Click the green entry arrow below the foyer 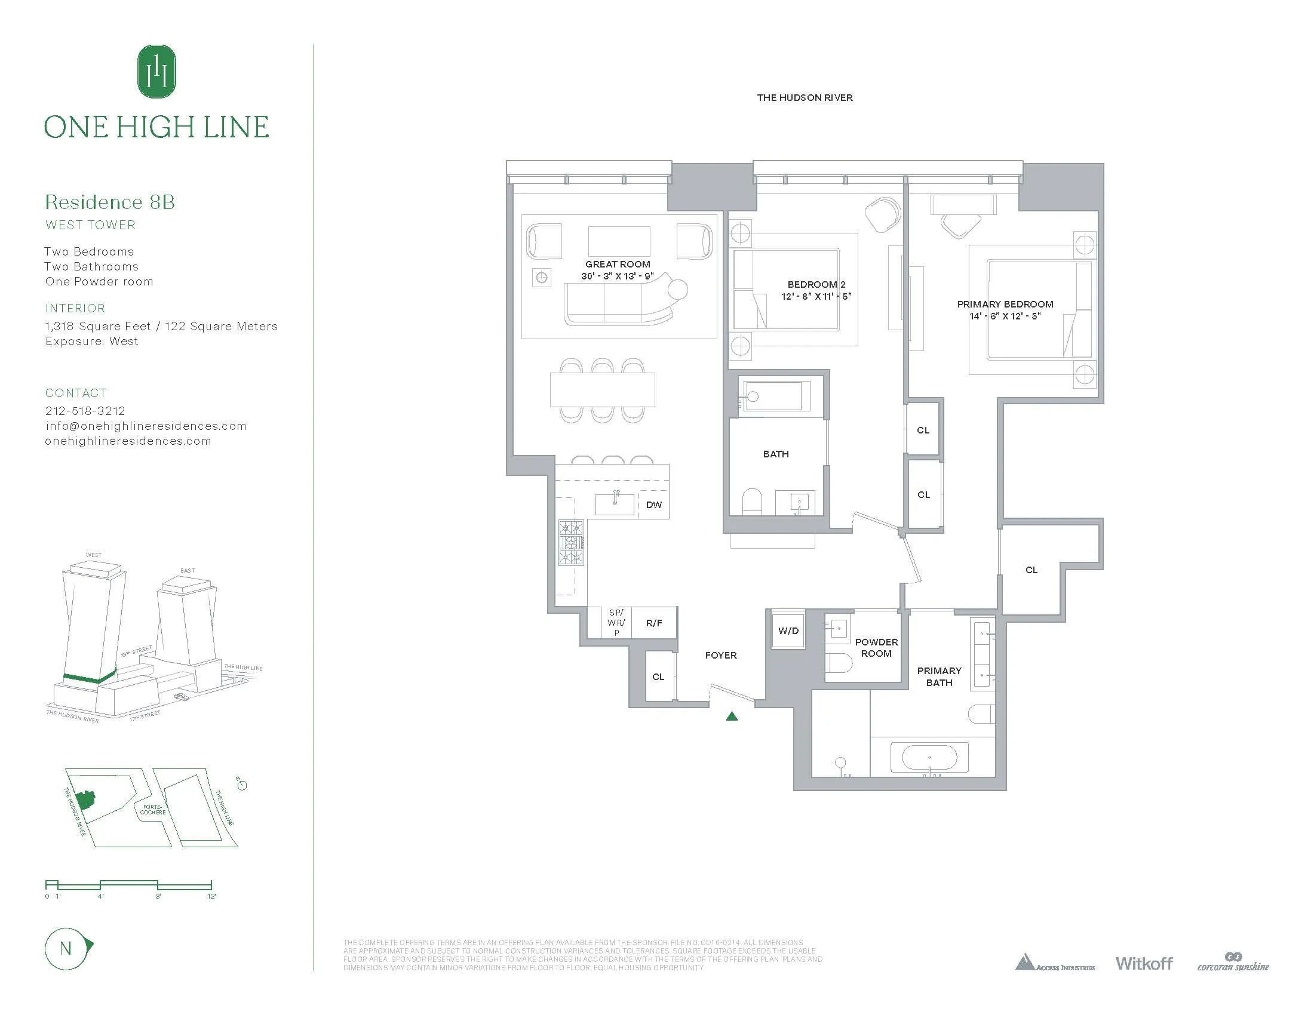pos(732,716)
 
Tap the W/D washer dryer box pos(788,630)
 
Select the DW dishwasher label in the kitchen pos(653,505)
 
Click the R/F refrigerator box pos(654,623)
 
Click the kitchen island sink pos(615,504)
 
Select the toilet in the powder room pos(839,664)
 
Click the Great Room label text pos(618,264)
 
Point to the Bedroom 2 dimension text pos(816,297)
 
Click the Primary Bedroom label pos(1005,304)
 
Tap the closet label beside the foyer pos(658,677)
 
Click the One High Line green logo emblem pos(156,72)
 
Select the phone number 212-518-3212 pos(85,411)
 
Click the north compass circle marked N pos(66,949)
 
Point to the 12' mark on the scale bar pos(211,896)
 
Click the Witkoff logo pos(1144,963)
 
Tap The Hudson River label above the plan pos(805,97)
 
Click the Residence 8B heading pos(110,202)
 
